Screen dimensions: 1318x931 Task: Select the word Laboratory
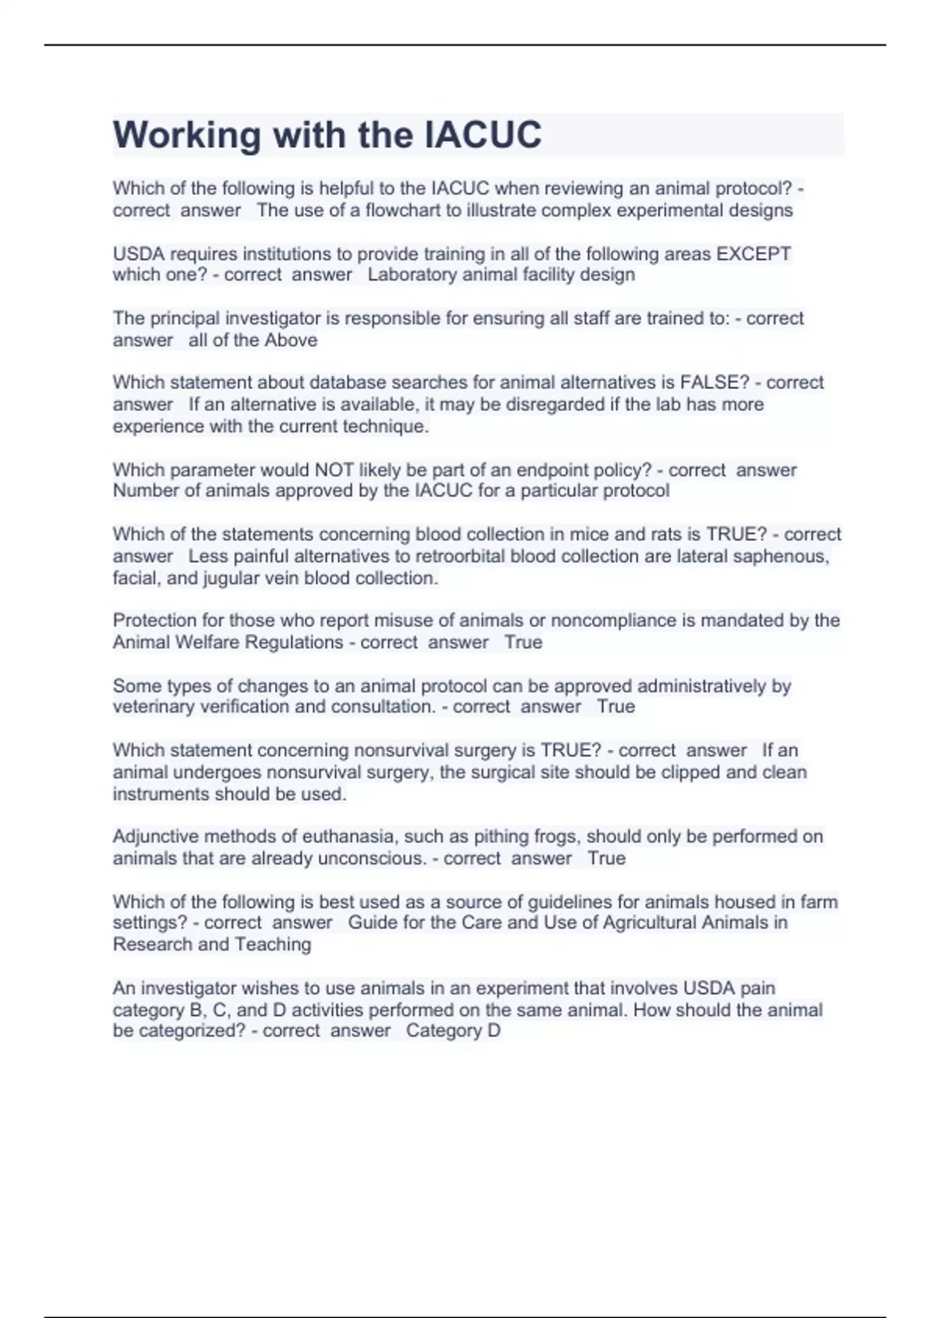[411, 274]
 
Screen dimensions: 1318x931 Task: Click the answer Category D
[453, 1030]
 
